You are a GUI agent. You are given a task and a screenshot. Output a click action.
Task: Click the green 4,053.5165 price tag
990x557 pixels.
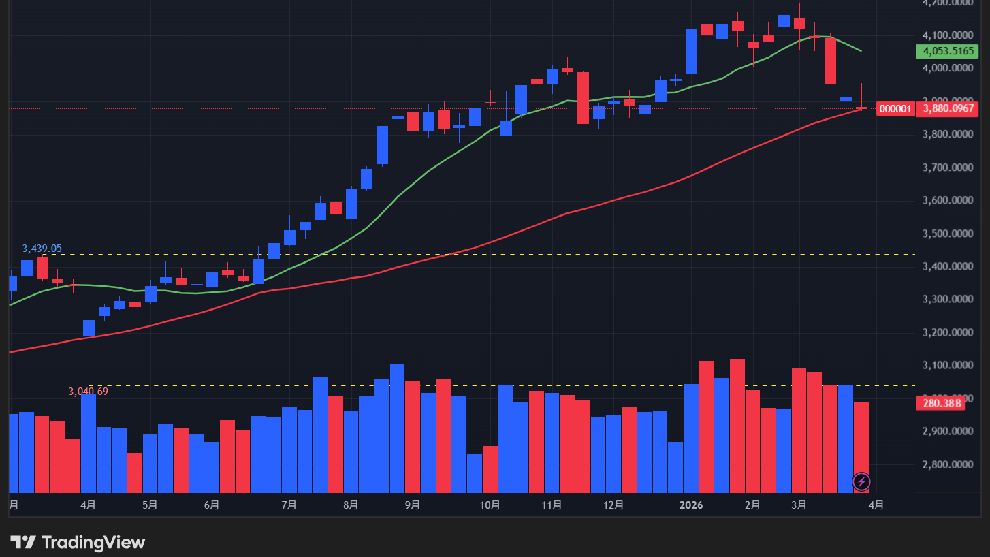point(946,51)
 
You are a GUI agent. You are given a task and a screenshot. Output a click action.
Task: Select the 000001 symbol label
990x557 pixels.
point(895,108)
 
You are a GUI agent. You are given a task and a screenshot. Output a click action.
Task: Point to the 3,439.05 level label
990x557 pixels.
point(42,249)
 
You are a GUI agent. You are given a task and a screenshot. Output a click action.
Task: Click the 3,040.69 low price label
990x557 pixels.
point(88,392)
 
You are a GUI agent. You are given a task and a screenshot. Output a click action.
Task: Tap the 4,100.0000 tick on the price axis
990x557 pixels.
point(947,35)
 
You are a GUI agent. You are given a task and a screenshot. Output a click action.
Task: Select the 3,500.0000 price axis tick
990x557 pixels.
point(947,234)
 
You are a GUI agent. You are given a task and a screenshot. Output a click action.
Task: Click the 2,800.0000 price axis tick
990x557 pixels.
point(947,465)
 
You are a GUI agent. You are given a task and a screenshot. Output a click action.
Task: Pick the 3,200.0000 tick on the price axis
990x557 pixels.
point(947,332)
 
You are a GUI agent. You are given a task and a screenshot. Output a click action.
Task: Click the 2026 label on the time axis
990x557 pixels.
point(691,505)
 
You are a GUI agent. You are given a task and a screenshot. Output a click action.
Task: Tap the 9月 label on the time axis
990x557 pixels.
point(412,505)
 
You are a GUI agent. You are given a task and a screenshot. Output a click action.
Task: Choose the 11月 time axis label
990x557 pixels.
point(552,505)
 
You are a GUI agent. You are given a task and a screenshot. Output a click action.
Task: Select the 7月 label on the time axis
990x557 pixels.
point(289,505)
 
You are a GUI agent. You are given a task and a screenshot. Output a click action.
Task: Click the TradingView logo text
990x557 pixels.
point(93,543)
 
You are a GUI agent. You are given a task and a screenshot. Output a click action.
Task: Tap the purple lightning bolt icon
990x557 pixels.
point(861,482)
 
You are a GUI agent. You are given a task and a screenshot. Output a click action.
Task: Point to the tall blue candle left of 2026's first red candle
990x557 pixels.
point(691,50)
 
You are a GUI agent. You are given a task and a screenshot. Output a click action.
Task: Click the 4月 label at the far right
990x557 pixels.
point(877,505)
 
